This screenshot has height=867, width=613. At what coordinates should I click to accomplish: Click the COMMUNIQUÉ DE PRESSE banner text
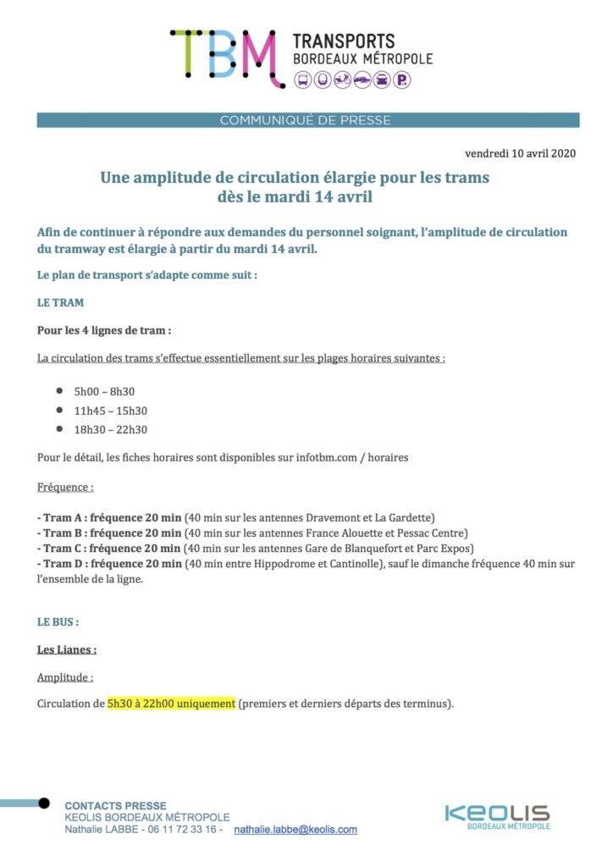click(x=306, y=120)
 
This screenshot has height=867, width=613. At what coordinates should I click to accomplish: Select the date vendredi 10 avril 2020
click(x=521, y=154)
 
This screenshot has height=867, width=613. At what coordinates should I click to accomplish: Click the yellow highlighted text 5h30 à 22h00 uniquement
click(x=171, y=704)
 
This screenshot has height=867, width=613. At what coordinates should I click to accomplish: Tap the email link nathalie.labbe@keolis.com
click(x=295, y=830)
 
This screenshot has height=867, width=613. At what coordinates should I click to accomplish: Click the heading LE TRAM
click(x=60, y=302)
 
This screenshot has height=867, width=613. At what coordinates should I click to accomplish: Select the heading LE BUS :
click(x=58, y=621)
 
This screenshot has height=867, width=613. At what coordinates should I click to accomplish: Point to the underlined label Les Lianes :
click(x=67, y=649)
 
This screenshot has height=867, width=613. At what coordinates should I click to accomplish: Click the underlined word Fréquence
click(x=64, y=489)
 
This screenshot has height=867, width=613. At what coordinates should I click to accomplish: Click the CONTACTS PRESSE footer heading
click(x=116, y=805)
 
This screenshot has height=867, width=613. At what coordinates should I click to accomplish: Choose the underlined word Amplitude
click(x=64, y=677)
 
